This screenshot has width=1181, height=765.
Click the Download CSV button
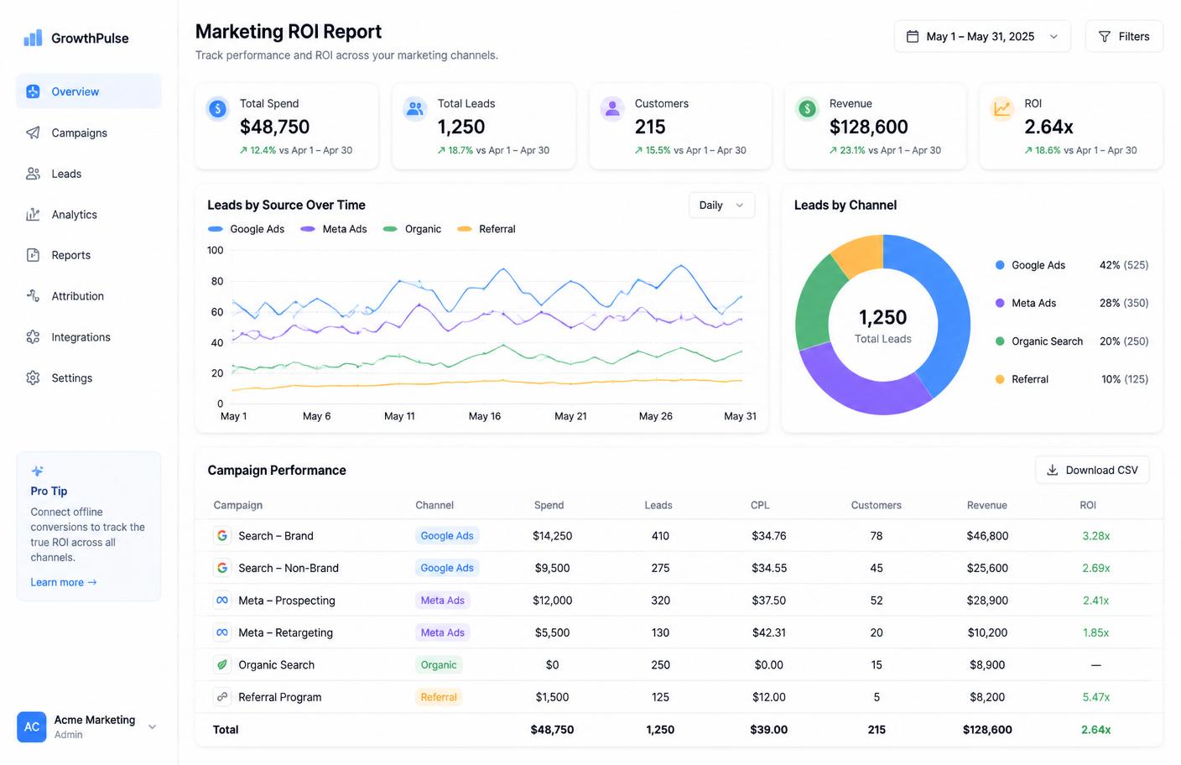1092,470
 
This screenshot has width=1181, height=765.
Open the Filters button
1123,36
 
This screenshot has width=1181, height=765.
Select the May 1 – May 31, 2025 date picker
981,36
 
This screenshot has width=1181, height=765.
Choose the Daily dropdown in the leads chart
721,205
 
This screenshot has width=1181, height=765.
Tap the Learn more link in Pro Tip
63,582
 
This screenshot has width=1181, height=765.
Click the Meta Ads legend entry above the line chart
333,229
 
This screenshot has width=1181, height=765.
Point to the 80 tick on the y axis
216,281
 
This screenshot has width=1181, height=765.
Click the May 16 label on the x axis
485,416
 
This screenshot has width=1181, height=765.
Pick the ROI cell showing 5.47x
1095,697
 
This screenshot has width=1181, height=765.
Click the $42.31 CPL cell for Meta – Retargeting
768,632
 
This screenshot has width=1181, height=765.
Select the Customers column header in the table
876,505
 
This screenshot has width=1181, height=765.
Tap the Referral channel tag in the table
439,697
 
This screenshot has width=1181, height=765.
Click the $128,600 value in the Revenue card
868,127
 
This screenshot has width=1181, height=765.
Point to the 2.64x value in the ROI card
1048,127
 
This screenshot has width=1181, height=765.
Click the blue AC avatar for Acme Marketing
32,726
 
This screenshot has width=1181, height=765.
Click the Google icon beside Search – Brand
222,536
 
